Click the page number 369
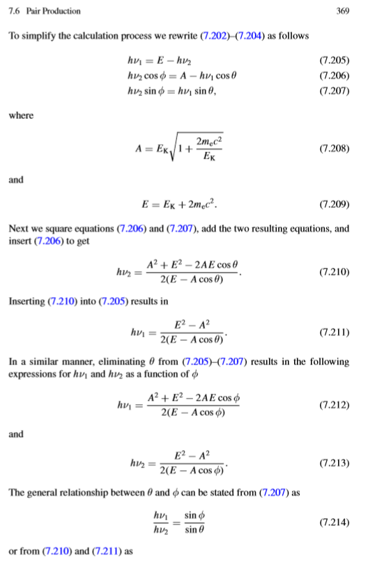[342, 11]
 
